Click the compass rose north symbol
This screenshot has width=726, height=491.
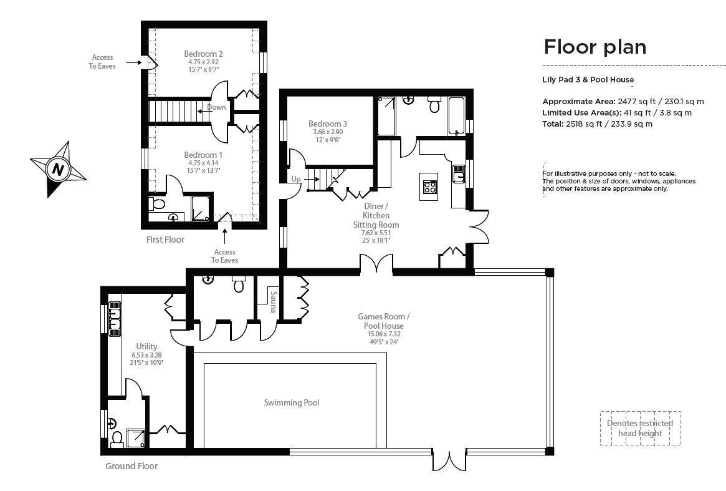tap(58, 168)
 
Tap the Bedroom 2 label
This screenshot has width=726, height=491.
tap(203, 54)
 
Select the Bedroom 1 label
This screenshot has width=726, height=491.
tap(203, 154)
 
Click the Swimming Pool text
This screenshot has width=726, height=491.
tap(291, 403)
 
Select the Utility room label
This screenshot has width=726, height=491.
tap(146, 346)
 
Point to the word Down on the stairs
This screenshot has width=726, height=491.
tap(217, 107)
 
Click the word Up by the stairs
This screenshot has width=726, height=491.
tap(296, 179)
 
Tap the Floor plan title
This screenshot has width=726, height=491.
tap(595, 47)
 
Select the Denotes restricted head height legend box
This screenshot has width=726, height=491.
tap(640, 428)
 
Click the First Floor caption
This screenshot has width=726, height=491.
tap(165, 240)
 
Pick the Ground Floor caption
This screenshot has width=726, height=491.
tap(131, 466)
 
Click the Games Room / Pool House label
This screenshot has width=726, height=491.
tap(383, 321)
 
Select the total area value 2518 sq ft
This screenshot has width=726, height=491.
tap(598, 124)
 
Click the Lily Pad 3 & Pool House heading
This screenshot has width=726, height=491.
tap(588, 79)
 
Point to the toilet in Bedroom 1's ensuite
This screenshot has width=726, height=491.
tap(158, 203)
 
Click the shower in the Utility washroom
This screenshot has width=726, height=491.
tap(135, 438)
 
